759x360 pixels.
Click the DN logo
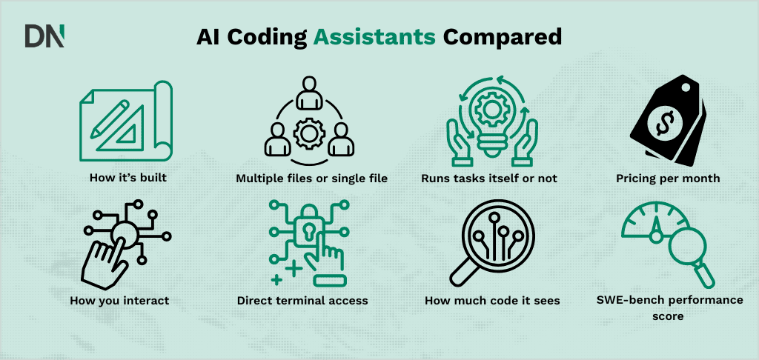(x=44, y=36)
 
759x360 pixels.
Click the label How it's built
(x=123, y=179)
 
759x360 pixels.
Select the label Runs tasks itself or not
(x=489, y=179)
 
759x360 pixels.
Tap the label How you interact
(x=119, y=301)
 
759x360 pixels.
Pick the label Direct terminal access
(x=302, y=301)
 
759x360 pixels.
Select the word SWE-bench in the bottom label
(x=623, y=300)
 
